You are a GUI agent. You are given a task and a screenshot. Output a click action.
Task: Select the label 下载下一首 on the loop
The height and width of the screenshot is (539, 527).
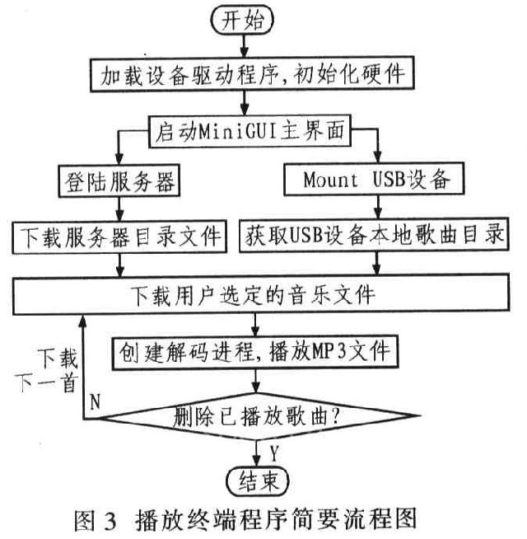[x=58, y=371]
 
